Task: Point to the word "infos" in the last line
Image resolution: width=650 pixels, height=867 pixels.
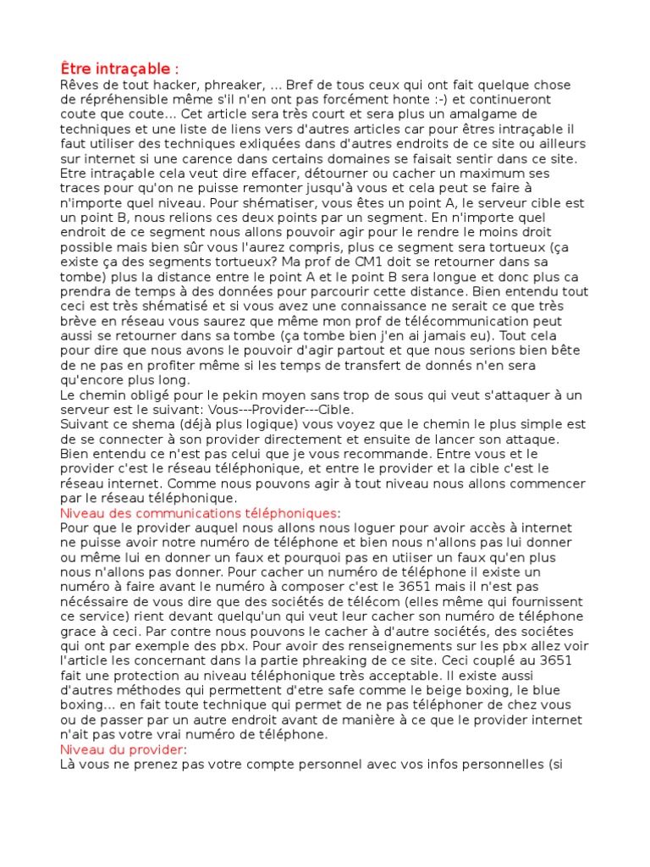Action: pos(439,764)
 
